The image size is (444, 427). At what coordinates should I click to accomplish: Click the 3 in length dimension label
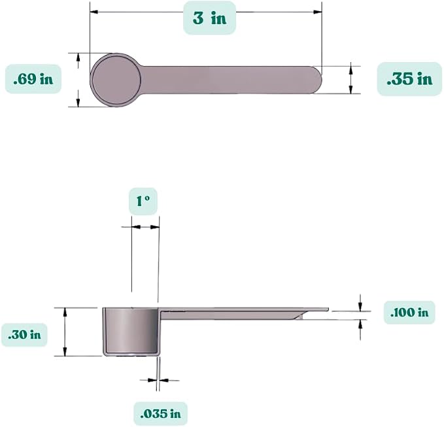(209, 18)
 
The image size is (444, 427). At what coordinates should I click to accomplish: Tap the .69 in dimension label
(33, 79)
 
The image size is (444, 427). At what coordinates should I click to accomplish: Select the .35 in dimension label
(409, 78)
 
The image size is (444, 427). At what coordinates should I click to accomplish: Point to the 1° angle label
(143, 201)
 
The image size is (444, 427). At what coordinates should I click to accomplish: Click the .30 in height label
(24, 335)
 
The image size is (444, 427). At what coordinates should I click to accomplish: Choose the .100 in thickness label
(409, 313)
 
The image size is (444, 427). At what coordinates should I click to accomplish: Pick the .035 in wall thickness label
(161, 414)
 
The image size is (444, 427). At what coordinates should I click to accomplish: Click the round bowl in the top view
(116, 80)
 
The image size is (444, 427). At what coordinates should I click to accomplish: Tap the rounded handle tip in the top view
(318, 80)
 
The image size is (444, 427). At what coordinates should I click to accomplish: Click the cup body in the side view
(131, 332)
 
